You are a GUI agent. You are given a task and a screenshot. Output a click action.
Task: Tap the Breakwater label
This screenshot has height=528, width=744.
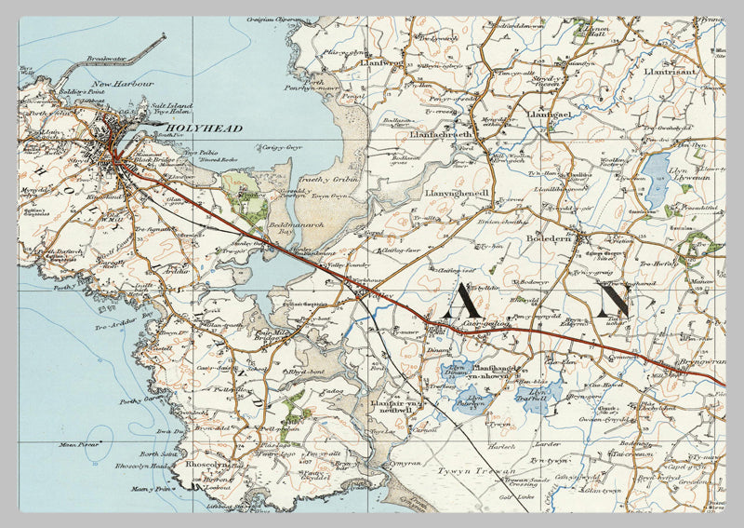[x=107, y=58]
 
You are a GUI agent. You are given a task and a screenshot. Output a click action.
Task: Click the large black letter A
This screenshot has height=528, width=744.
[x=463, y=300]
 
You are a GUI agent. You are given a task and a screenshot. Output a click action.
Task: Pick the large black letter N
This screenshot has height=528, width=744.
[x=613, y=300]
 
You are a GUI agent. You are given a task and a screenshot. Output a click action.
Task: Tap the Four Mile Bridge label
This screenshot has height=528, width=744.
[x=275, y=336]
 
